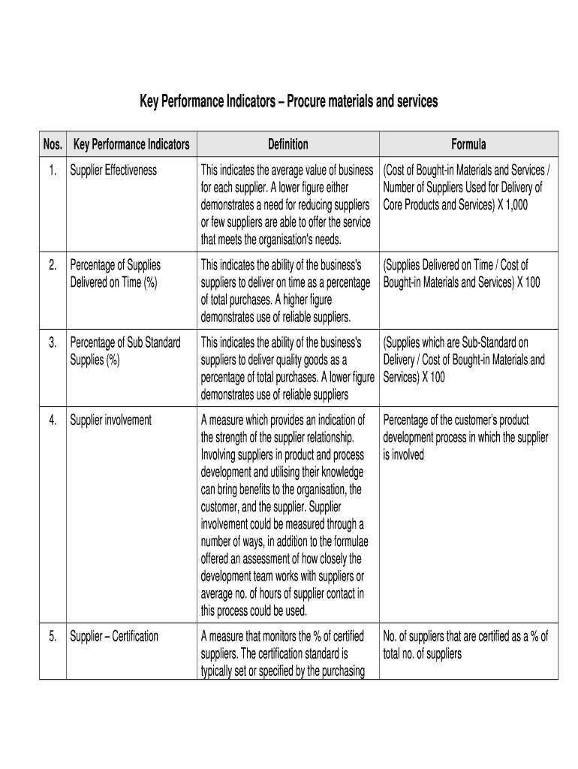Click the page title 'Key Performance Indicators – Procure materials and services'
(x=288, y=101)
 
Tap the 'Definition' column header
(x=287, y=144)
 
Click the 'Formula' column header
(x=468, y=144)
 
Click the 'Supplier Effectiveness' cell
(x=113, y=170)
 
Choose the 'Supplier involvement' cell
(x=110, y=421)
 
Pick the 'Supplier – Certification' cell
(x=114, y=637)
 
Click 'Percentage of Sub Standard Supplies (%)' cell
(x=125, y=351)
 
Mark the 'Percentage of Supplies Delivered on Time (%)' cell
(x=116, y=273)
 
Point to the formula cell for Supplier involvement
(x=465, y=437)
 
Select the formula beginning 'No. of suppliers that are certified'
(x=465, y=645)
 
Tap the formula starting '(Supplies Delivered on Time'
(x=461, y=273)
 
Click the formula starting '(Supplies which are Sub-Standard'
(x=464, y=360)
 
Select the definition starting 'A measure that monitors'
(x=285, y=653)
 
